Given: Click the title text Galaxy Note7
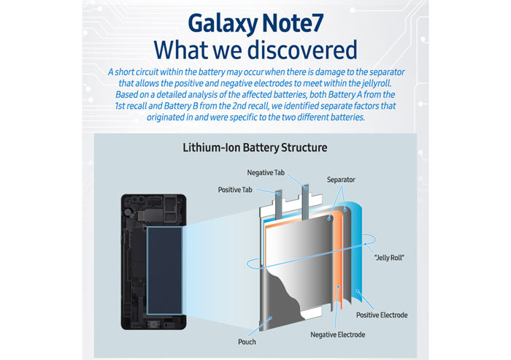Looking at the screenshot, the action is [255, 23].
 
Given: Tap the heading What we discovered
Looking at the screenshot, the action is [255, 50].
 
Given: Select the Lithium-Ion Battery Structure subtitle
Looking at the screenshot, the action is [255, 148].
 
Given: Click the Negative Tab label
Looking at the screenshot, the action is [266, 172].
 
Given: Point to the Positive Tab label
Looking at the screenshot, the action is [235, 189].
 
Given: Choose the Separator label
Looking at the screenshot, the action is [341, 180].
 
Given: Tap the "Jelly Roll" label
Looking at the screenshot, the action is [389, 258].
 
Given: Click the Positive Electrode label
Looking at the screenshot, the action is [382, 315].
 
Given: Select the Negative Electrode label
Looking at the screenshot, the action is [337, 334].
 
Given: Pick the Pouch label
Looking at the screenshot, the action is [247, 342].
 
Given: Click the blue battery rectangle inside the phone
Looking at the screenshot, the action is [164, 270].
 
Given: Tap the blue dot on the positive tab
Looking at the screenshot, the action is [279, 194].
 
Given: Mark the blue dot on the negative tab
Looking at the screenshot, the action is [306, 188].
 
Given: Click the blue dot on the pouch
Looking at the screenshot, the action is [271, 318].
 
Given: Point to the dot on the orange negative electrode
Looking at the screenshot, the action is [339, 287].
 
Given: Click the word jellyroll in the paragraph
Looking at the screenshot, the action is [377, 83].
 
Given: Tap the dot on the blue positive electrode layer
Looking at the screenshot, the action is [358, 291].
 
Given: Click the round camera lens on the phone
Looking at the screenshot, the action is [129, 212].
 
